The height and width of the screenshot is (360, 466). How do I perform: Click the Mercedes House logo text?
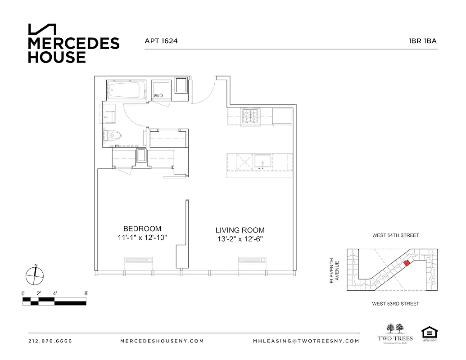(73, 49)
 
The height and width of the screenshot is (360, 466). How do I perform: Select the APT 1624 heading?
(161, 41)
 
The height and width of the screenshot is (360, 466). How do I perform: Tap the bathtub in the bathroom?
(127, 90)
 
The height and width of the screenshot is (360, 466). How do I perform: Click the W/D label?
(158, 96)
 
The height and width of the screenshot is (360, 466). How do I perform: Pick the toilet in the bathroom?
(113, 135)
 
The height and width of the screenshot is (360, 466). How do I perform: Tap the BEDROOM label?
(142, 229)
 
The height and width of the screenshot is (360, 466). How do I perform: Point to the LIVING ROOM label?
(240, 230)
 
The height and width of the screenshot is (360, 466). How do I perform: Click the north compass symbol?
(35, 274)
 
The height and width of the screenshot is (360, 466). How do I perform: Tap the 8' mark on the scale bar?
(86, 293)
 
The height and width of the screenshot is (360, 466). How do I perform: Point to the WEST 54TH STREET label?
(395, 235)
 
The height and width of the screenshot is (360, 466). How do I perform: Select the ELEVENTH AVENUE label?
(334, 270)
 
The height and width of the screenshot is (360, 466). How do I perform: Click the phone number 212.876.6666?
(50, 341)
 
